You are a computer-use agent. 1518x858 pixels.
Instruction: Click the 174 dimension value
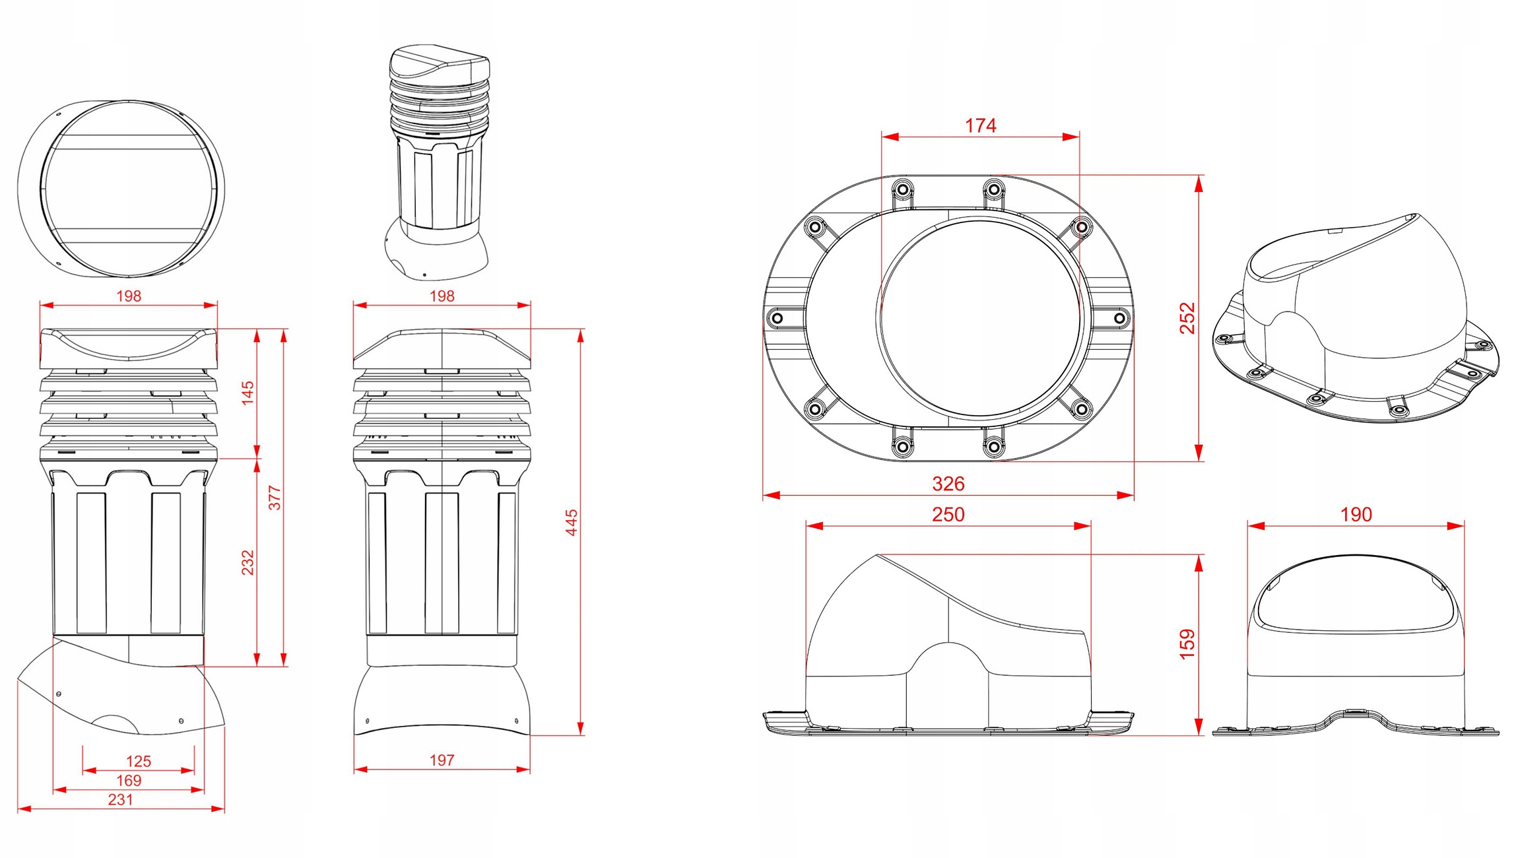pos(980,125)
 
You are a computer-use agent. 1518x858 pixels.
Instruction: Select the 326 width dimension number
pos(948,484)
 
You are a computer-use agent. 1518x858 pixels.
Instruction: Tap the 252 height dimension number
pos(1187,318)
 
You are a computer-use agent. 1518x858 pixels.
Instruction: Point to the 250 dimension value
pos(948,515)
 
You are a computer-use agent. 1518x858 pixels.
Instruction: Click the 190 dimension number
pos(1356,515)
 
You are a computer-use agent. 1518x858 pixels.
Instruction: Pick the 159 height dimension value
pos(1187,644)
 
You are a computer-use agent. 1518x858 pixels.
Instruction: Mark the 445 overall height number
pos(572,522)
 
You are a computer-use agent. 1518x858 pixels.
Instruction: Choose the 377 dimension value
pos(275,498)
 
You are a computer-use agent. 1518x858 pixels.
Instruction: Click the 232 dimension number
pos(247,562)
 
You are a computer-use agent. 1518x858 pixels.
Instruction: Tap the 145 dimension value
pos(247,393)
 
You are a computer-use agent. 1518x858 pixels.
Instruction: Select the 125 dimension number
pos(139,761)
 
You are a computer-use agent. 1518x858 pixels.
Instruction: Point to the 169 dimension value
pos(129,780)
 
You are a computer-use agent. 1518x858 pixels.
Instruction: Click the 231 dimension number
pos(121,800)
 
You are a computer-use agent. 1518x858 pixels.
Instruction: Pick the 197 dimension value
pos(442,760)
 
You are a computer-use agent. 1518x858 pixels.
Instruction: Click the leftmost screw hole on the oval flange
pos(777,318)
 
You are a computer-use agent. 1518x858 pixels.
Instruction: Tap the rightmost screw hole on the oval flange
pos(1119,318)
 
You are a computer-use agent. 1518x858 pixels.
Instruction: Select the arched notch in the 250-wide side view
pos(948,660)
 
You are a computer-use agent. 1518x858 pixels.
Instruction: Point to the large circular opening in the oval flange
pos(979,318)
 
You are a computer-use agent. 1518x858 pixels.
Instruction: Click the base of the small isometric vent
pos(437,254)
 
